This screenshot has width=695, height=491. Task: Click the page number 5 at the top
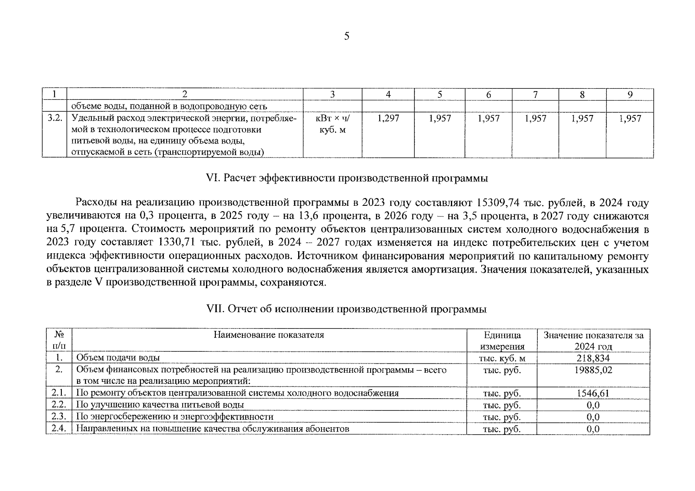click(347, 36)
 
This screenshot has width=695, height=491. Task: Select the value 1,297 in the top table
click(388, 119)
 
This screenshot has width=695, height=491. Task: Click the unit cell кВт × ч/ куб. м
click(332, 124)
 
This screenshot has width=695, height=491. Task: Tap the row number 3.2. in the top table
click(54, 119)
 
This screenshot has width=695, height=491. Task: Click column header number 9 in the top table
click(630, 95)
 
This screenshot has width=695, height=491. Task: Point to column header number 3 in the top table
click(332, 95)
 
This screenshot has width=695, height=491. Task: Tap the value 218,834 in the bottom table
click(593, 358)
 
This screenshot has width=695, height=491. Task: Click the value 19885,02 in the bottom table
click(593, 370)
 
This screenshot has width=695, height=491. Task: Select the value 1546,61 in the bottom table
click(593, 394)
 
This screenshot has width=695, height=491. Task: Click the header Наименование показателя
click(269, 335)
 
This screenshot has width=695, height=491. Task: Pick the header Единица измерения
click(502, 340)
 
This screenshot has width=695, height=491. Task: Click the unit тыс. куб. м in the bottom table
click(502, 358)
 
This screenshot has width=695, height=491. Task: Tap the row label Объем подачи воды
click(118, 358)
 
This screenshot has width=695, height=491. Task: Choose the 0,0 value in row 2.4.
click(593, 429)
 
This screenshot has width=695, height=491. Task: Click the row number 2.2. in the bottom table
click(59, 405)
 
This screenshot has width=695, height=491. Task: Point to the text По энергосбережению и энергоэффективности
click(175, 417)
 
